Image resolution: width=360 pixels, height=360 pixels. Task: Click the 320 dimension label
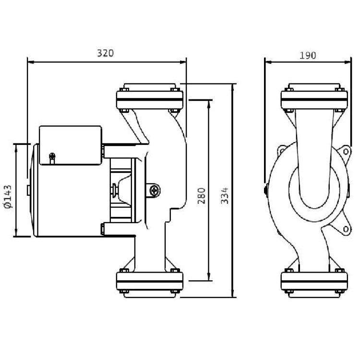106,53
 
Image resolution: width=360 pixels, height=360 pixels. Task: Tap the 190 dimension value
308,56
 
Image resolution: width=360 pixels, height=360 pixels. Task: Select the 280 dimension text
202,196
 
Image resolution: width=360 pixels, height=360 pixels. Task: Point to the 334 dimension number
225,196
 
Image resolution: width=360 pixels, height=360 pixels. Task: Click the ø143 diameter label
8,196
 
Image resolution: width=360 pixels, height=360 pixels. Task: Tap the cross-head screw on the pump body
155,191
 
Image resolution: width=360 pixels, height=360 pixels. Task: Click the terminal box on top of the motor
71,145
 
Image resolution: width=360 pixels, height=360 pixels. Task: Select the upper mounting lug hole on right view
346,152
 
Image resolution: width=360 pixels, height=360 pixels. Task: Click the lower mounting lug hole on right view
346,229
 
